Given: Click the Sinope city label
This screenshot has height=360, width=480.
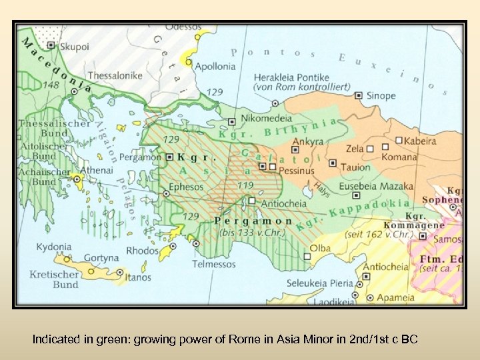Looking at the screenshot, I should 381,95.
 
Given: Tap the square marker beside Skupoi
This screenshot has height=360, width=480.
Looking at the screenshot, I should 51,45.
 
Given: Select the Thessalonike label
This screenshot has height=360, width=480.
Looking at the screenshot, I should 115,75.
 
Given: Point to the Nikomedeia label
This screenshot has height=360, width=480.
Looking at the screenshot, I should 267,119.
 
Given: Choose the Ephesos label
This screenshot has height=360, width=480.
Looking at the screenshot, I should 186,187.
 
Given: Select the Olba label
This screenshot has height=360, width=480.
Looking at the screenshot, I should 320,247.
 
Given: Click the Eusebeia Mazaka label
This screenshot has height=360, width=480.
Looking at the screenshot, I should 377,186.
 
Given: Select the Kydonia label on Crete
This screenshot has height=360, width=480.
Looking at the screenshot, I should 54,247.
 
